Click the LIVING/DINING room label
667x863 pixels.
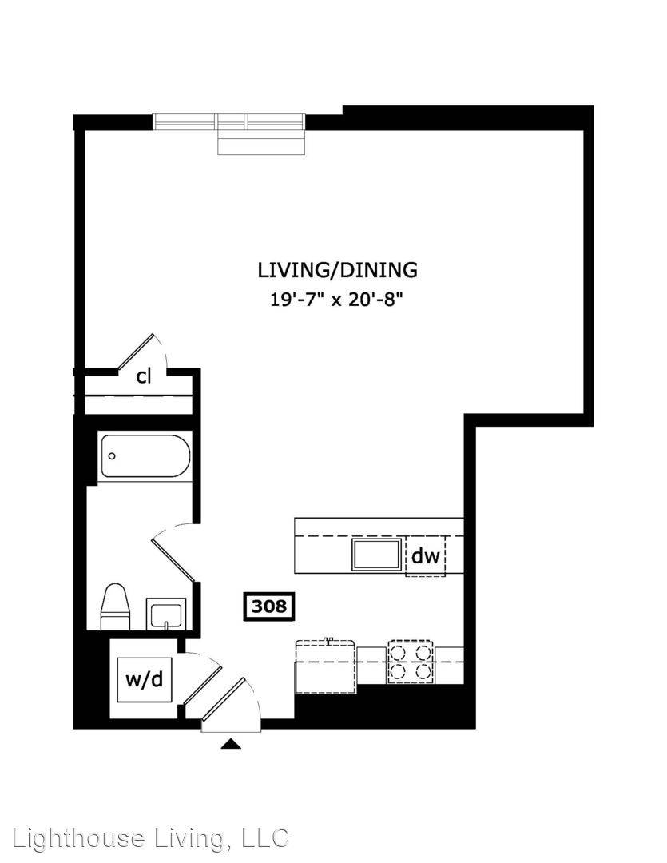click(337, 271)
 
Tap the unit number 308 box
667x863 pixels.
click(269, 606)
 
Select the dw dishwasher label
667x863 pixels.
click(426, 556)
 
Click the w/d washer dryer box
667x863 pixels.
click(145, 679)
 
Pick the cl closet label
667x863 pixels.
click(144, 377)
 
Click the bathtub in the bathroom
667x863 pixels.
click(145, 455)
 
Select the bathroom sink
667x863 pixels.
click(166, 613)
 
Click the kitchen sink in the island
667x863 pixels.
click(376, 555)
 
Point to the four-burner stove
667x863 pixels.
click(411, 661)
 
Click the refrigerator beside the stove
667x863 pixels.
click(326, 666)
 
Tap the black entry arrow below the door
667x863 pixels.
click(231, 744)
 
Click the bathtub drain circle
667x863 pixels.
click(113, 455)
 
